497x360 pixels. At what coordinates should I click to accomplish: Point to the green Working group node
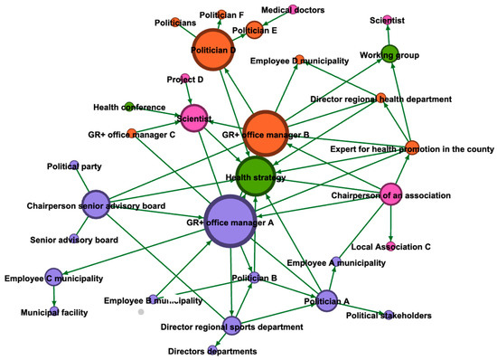coord(389,53)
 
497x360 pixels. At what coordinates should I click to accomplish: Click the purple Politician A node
coord(326,300)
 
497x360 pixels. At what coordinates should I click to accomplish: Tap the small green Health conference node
coord(129,107)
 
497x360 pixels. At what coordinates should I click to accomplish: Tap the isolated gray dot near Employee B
coord(142,311)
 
